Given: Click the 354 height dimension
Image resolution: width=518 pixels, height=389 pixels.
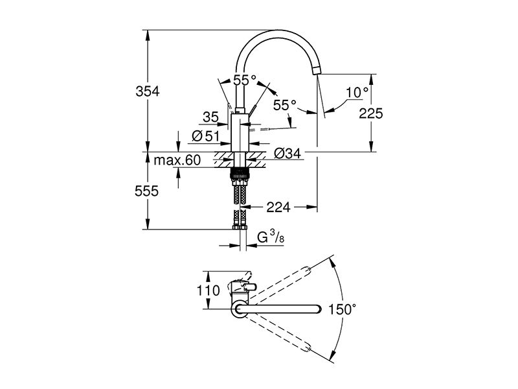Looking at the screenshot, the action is coord(148,91).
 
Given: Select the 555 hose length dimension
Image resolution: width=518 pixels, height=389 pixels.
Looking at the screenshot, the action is coord(147,191).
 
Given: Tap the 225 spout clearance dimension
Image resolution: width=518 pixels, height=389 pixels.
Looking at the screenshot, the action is coord(371,113).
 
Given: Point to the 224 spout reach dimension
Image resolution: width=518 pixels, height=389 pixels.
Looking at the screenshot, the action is coord(278,207).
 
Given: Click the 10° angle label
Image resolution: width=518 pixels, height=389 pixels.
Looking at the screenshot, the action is coord(357,93).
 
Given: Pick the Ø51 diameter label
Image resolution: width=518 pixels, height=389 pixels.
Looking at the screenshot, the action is coord(205,136).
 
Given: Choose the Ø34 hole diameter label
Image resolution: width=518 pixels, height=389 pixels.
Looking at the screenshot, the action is coord(287,153).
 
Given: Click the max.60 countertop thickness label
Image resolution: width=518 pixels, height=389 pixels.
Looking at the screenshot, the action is coord(177,160).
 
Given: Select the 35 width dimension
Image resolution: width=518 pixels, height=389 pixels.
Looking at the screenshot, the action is coord(211,117).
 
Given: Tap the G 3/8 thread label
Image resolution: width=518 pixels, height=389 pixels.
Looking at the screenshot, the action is coord(271,237).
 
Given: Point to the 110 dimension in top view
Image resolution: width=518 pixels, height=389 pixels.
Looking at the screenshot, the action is coord(208,290).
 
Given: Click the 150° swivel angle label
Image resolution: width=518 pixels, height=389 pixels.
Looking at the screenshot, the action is coord(343,310).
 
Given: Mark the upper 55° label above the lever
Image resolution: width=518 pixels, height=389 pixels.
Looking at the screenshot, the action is coord(245,80).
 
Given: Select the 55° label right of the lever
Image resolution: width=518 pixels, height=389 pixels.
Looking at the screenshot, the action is coord(285,105).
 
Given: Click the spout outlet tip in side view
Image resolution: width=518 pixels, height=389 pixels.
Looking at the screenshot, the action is coord(316,70).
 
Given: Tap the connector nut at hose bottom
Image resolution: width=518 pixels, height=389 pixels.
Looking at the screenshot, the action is coord(240,228).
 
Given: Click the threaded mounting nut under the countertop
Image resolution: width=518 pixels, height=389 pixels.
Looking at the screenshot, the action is coord(240,172).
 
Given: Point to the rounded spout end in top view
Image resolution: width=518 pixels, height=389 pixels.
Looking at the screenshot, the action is coord(319,309).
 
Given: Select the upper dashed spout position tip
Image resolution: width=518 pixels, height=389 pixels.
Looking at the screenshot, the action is coord(308,270).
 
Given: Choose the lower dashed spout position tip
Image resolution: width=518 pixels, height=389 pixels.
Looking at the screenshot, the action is coord(308,348).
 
